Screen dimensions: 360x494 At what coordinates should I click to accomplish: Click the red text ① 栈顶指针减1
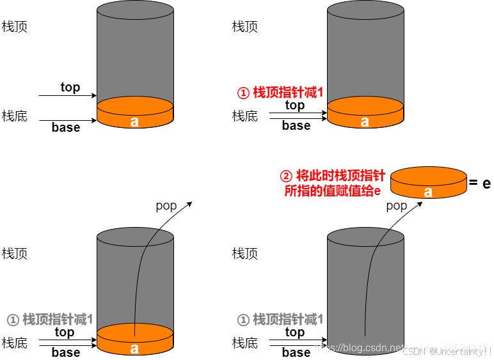(280, 93)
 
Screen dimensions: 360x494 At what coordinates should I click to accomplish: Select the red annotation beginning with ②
(333, 182)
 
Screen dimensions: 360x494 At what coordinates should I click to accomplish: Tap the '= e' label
(479, 184)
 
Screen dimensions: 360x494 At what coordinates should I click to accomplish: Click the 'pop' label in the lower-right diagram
(397, 205)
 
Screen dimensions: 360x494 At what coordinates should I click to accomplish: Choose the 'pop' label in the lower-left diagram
(166, 205)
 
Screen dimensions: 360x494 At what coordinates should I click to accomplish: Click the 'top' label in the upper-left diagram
(70, 87)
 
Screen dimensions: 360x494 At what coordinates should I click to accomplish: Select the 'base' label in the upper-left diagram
(66, 127)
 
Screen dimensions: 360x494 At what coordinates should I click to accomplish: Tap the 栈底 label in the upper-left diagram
(15, 116)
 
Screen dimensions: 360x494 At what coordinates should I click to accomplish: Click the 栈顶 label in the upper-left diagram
(15, 26)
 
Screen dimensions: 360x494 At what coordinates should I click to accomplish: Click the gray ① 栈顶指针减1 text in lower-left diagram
(50, 319)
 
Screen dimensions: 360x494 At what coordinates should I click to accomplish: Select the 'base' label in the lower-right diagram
(296, 352)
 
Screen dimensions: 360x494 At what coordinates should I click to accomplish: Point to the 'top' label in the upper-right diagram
(295, 105)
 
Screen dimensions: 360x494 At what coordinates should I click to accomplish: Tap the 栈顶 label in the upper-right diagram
(245, 26)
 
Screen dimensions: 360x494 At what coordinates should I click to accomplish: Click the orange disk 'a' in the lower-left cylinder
(134, 340)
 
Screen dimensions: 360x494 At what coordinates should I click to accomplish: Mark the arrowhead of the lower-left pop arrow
(190, 203)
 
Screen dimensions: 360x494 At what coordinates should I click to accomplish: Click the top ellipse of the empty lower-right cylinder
(365, 238)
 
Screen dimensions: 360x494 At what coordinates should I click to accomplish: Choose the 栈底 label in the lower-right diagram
(245, 343)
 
